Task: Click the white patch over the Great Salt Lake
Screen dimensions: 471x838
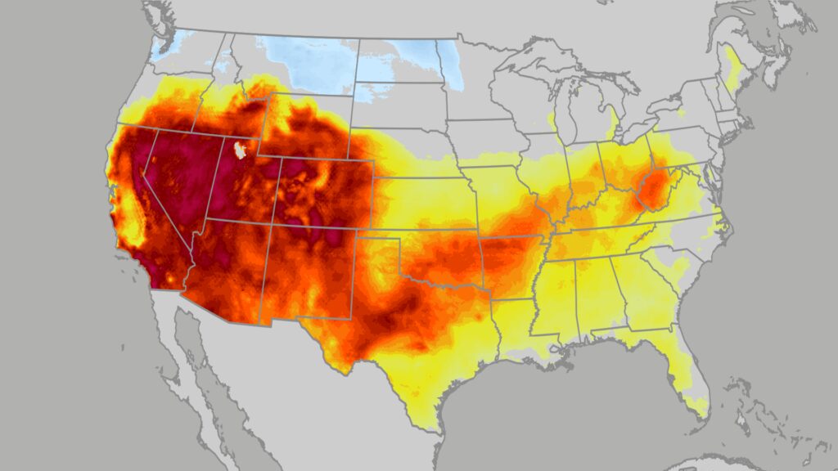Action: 241,150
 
